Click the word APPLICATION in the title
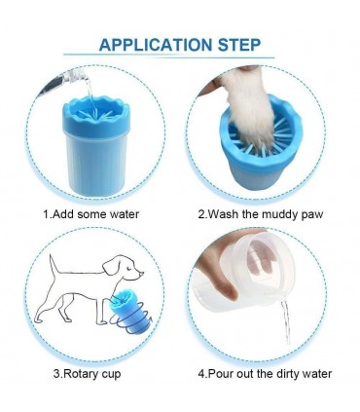tap(156, 45)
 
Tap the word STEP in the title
tap(239, 45)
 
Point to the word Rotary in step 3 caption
tap(78, 374)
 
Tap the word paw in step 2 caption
tap(312, 215)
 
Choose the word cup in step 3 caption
tap(109, 375)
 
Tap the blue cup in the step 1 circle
tap(96, 146)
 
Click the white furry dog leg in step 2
tap(249, 107)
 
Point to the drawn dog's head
tap(124, 270)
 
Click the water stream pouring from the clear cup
tap(285, 321)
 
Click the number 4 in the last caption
tap(201, 374)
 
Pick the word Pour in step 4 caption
tap(221, 374)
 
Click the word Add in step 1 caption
tap(63, 214)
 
